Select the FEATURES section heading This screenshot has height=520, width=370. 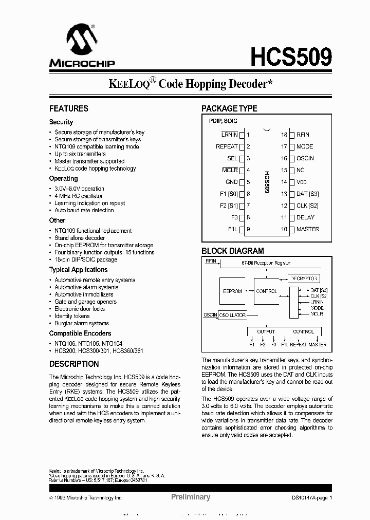(x=68, y=108)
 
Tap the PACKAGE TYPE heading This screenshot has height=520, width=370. (x=229, y=108)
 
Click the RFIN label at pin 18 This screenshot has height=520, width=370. (x=303, y=135)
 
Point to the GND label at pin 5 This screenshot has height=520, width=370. (x=231, y=182)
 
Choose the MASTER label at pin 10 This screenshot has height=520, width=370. (x=307, y=229)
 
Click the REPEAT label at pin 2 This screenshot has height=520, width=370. (x=227, y=146)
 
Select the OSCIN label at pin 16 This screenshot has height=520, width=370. (x=305, y=158)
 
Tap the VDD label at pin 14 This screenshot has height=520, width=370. (x=302, y=182)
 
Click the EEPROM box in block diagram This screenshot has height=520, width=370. (x=232, y=291)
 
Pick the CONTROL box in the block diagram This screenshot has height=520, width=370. (x=266, y=291)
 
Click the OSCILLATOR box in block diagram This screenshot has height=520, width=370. (x=232, y=315)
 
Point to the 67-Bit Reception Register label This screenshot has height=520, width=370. (x=266, y=263)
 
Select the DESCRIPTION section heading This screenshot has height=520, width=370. (x=74, y=364)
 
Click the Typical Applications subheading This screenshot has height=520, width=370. (x=78, y=270)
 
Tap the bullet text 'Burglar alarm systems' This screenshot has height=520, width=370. (x=82, y=323)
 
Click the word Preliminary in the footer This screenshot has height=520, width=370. (x=190, y=497)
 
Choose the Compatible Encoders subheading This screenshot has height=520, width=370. (x=80, y=333)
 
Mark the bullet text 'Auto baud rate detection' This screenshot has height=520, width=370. (x=84, y=210)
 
